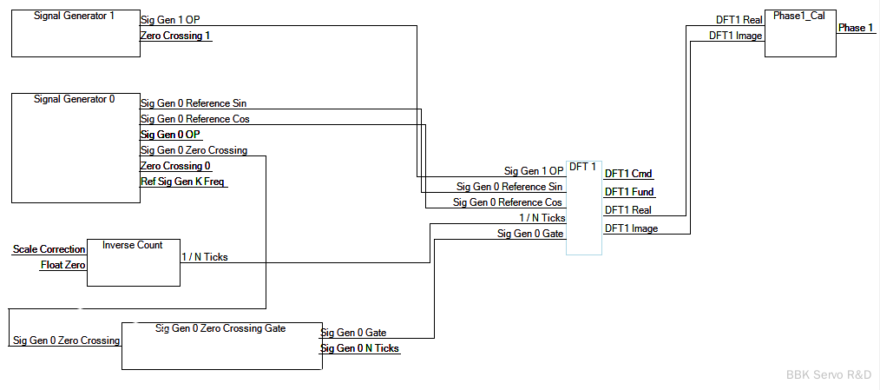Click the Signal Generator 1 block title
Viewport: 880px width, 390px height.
pos(74,17)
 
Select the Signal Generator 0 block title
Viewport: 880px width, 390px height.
pos(74,99)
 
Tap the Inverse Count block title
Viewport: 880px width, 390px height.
pos(132,245)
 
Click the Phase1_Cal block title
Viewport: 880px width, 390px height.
pos(800,16)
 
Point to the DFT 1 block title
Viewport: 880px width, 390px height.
pos(582,167)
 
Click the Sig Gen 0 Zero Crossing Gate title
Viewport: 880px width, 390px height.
pos(220,328)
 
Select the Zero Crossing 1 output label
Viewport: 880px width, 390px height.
pos(175,36)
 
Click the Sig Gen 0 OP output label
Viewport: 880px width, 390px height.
pos(170,135)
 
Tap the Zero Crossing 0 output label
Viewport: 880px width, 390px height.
pos(175,166)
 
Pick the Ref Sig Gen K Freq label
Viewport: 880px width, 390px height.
pos(183,182)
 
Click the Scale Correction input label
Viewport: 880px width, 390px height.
pos(49,249)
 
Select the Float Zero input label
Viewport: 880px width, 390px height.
pos(62,265)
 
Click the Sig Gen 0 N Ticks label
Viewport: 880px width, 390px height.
pos(360,348)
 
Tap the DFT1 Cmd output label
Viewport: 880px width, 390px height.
pos(628,174)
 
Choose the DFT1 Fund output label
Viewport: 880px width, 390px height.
pos(629,192)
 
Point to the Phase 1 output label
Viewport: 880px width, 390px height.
pos(855,28)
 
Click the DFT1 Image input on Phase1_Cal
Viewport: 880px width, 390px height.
pos(735,36)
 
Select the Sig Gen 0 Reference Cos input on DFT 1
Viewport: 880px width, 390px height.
pos(507,202)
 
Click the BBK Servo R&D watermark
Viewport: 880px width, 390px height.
pos(828,374)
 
